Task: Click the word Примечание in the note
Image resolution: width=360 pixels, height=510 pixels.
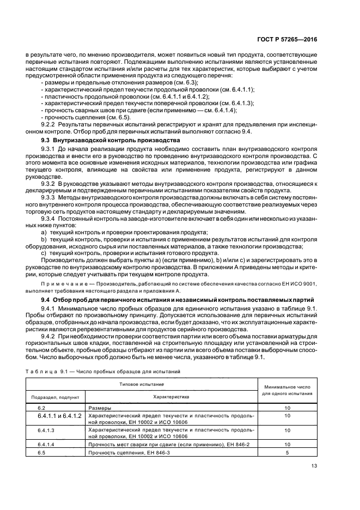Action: tap(63, 284)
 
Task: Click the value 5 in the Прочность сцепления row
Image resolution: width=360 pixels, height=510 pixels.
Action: tap(286, 453)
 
